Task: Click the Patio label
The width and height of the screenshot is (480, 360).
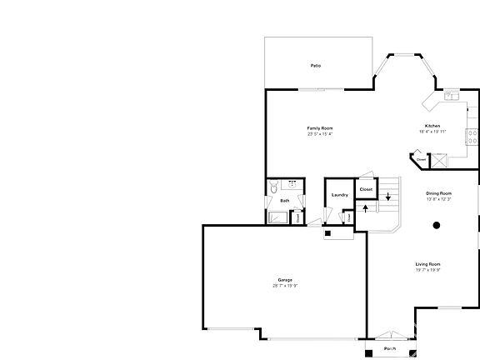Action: pyautogui.click(x=316, y=65)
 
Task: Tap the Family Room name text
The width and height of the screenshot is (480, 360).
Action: pyautogui.click(x=320, y=127)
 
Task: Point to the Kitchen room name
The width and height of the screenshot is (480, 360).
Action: pyautogui.click(x=434, y=126)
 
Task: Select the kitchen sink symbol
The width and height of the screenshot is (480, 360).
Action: pyautogui.click(x=451, y=96)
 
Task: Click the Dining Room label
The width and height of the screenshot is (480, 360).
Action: pyautogui.click(x=439, y=192)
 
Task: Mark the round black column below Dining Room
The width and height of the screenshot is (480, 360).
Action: pyautogui.click(x=437, y=225)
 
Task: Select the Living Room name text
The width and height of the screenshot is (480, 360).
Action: pyautogui.click(x=427, y=265)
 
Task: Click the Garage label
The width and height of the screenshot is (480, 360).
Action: pyautogui.click(x=285, y=279)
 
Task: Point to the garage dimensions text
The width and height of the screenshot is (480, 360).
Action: pyautogui.click(x=285, y=286)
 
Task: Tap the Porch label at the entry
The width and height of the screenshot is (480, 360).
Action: pyautogui.click(x=390, y=348)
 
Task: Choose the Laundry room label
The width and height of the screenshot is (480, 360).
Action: pyautogui.click(x=339, y=195)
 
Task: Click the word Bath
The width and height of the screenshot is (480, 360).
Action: pyautogui.click(x=285, y=200)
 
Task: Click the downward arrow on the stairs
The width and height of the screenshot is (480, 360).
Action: pyautogui.click(x=387, y=197)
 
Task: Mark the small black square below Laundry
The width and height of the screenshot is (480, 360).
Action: pyautogui.click(x=327, y=233)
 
